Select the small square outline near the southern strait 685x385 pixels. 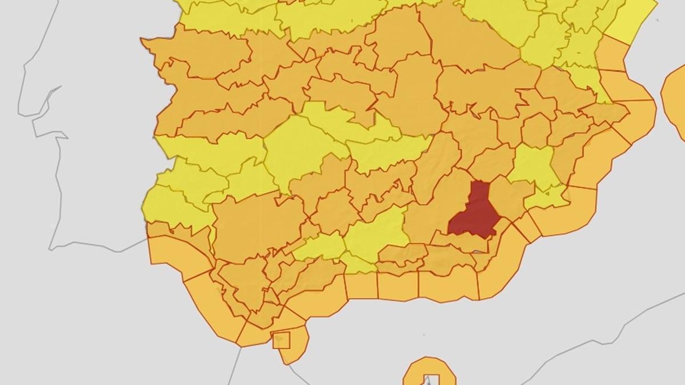[x=281, y=340]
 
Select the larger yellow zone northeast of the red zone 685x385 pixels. [x=534, y=165]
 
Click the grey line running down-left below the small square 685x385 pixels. [x=237, y=365]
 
